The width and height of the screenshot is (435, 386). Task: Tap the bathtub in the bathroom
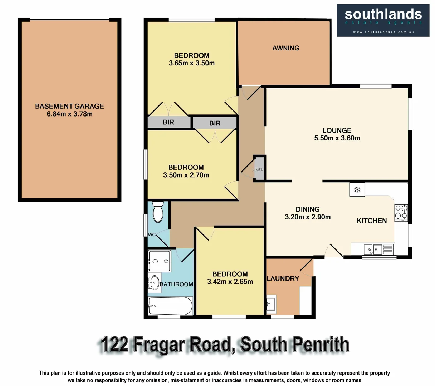pos(170,306)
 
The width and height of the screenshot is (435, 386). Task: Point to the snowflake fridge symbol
pos(357,190)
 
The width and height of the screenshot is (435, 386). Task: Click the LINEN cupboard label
pos(258,170)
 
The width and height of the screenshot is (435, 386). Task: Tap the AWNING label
pos(285,48)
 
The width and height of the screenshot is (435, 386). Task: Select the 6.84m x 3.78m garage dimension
pos(69,114)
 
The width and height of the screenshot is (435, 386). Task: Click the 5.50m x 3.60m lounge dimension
pos(337,138)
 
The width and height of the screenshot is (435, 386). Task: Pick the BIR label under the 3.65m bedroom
pos(168,122)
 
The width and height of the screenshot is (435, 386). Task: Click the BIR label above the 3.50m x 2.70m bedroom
pos(215,123)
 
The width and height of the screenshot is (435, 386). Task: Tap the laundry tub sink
pos(271,304)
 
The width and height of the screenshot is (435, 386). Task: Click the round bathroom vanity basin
pos(154,283)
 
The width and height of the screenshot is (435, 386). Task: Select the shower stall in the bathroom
pos(159,261)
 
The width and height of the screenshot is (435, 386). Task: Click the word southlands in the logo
pos(383,14)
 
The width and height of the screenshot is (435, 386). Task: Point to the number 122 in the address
pos(114,345)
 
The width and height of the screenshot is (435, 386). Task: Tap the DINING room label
pos(308,209)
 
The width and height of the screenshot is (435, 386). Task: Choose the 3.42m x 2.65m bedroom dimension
pos(230,282)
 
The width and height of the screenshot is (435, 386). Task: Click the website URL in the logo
pos(383,32)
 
